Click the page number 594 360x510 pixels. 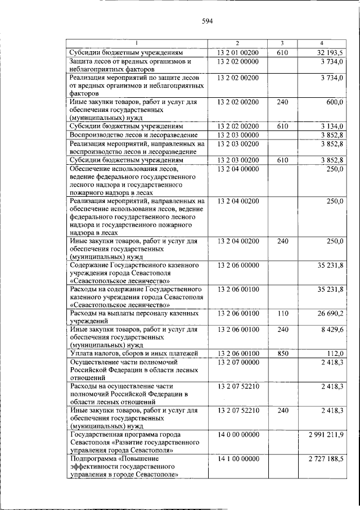(206, 22)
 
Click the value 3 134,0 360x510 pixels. (331, 127)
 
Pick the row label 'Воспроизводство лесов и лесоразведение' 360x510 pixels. (133, 136)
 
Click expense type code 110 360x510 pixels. (282, 313)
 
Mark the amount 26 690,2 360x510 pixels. (330, 313)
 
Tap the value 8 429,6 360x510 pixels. (331, 330)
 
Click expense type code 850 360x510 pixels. (282, 353)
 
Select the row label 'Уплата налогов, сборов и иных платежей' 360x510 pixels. (134, 353)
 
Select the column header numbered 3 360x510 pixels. (282, 43)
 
